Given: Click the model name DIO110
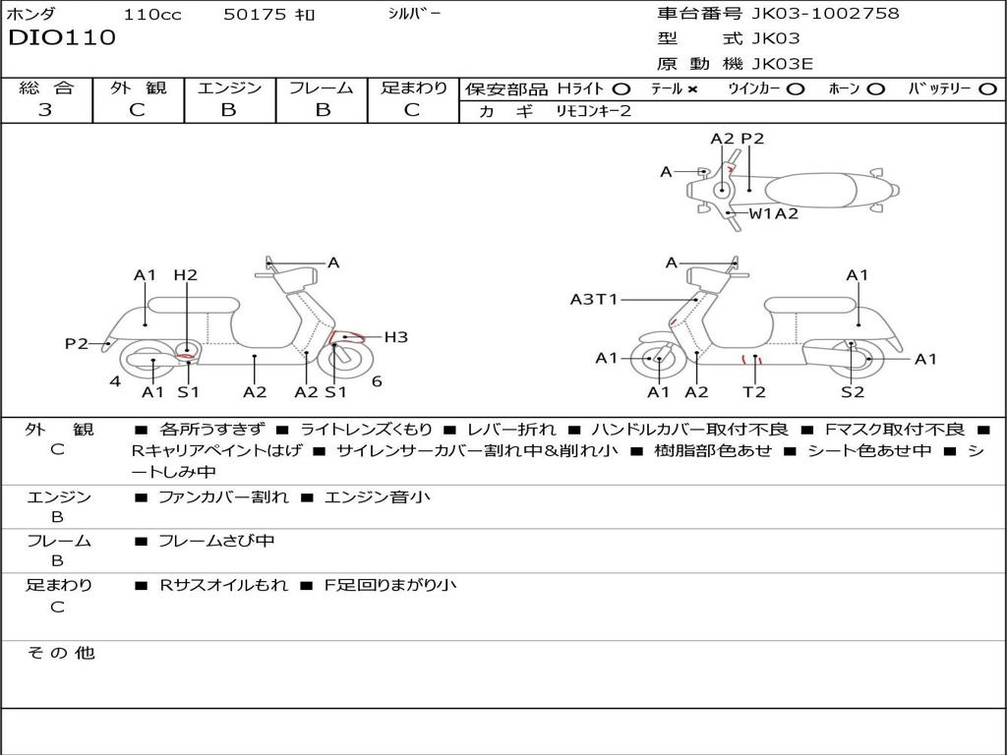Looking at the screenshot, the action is point(62,37).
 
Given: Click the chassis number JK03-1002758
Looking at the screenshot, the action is point(825,13).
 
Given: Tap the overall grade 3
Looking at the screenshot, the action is point(45,109).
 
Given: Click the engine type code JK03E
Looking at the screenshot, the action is point(782,64).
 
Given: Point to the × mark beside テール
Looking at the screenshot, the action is point(691,89).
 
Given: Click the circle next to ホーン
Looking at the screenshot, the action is point(875,89).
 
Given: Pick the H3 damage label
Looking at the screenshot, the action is point(395,337).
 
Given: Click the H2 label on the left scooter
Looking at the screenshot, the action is point(186,275).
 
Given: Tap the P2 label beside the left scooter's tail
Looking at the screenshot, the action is point(77,344).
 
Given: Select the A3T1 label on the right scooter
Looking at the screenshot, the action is point(594,299).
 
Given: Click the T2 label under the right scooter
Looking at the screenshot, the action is point(754,391).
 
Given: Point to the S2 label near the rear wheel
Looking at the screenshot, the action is point(853,391).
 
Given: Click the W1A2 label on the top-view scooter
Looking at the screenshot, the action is point(774,213).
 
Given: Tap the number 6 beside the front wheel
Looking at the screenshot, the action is point(377,381).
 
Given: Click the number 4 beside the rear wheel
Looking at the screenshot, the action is point(115,381).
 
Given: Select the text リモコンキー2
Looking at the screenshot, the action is point(593,111).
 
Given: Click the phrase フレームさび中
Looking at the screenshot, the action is point(216,542).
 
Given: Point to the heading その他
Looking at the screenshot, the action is point(61,653).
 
